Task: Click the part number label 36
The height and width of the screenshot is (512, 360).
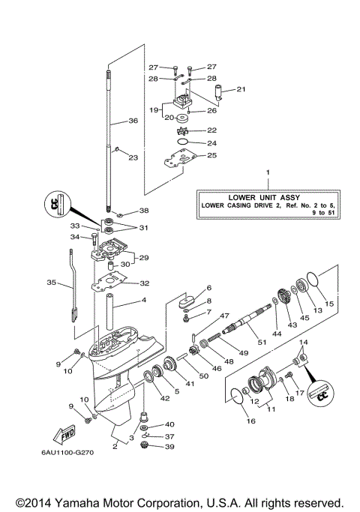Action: (x=133, y=121)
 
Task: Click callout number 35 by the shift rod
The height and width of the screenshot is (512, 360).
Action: (x=50, y=283)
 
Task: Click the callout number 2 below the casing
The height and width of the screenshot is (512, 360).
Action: (x=115, y=446)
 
